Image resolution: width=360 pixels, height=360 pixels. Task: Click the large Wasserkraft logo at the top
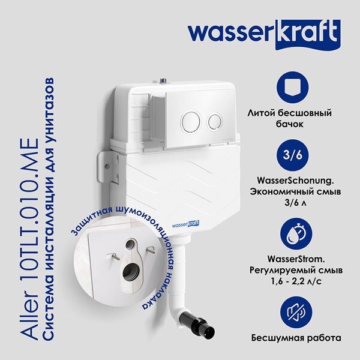(264, 34)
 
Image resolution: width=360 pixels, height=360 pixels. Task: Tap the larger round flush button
(191, 122)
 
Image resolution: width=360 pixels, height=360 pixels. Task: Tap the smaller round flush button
(215, 122)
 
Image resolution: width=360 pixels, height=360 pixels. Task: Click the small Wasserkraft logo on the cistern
(185, 224)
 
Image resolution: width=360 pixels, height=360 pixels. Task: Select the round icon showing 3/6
(293, 155)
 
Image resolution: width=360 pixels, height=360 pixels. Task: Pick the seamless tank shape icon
(293, 88)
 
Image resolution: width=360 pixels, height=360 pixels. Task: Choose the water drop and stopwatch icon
(296, 234)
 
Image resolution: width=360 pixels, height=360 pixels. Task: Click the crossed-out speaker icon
(296, 313)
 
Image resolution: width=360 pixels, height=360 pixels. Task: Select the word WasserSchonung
(295, 181)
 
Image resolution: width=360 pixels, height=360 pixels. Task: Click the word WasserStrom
(296, 259)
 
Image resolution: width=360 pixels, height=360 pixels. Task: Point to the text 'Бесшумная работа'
(296, 338)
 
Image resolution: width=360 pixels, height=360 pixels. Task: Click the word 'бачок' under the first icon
(290, 124)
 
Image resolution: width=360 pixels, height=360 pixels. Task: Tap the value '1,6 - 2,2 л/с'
(296, 281)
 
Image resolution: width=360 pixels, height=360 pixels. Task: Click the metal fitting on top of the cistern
(163, 80)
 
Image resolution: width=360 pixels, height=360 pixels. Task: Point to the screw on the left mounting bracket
(107, 166)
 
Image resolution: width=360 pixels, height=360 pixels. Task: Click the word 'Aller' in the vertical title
(30, 314)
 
